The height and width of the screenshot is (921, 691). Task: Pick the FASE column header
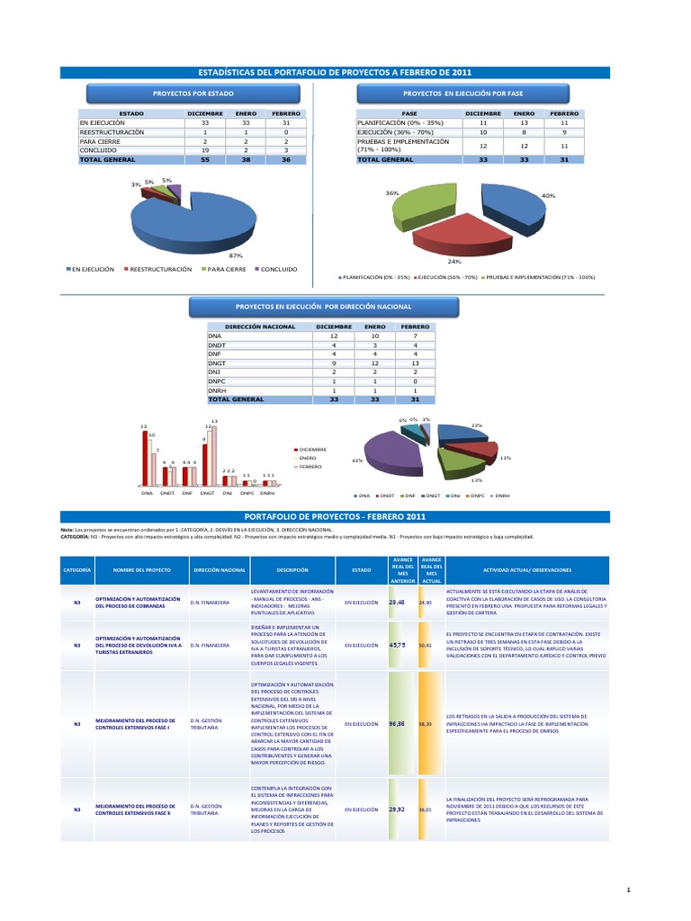[408, 114]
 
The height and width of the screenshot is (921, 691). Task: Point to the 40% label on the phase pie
[548, 195]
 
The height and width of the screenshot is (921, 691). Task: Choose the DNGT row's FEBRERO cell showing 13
[415, 363]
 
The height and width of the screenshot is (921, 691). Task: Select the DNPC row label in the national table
[218, 381]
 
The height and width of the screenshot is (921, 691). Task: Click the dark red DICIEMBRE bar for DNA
[146, 458]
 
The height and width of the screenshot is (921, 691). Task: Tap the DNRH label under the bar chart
[268, 494]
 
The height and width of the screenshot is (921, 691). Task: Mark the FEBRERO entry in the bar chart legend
[311, 468]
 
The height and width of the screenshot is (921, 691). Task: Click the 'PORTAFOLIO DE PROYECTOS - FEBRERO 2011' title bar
[345, 516]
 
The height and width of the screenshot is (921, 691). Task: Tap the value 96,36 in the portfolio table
[397, 723]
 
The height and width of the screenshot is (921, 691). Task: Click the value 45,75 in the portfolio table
[397, 645]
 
